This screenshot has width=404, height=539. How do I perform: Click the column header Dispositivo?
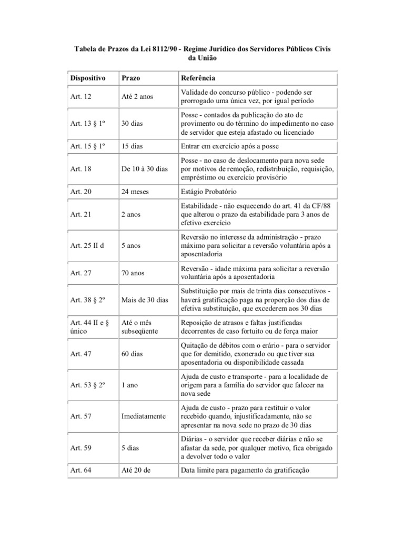coord(87,78)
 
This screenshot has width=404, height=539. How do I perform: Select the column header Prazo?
coord(130,78)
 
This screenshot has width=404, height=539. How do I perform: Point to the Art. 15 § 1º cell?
coord(87,146)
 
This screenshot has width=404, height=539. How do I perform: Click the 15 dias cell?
coord(133,146)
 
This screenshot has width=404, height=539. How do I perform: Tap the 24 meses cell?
coord(136,192)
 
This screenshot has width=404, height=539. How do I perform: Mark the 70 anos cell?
coord(134,273)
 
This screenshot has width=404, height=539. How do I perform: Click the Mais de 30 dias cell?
coord(145,300)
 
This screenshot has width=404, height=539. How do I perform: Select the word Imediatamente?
coord(144,416)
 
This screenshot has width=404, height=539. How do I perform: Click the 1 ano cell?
coord(130,385)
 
